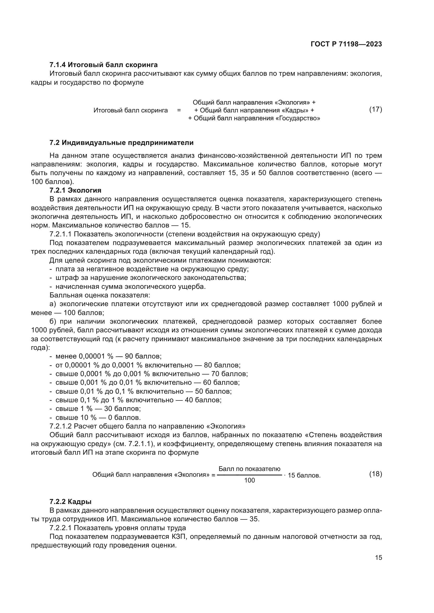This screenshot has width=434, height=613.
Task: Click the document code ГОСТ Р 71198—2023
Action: coord(346,44)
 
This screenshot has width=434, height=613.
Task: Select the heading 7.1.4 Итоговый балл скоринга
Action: coord(103,65)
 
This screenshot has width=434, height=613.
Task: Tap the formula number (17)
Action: coord(375,109)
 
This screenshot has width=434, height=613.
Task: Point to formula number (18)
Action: coord(375,474)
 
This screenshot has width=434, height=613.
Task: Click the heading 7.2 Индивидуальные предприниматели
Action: coord(121,143)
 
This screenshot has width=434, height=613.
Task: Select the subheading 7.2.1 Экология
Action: coord(75,190)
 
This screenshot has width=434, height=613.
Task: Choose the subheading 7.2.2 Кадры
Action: coord(71,502)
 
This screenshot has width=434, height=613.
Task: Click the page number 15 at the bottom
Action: coord(378,557)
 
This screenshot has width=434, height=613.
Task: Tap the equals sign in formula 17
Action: coord(179,110)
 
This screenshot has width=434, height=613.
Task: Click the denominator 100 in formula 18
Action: coord(249,480)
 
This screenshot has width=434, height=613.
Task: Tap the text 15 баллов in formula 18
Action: coord(304,475)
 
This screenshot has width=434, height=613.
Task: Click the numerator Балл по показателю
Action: coord(249,469)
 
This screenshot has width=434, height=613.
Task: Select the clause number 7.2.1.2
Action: coord(60,426)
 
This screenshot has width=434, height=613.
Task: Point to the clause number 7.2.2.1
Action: coord(60,528)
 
